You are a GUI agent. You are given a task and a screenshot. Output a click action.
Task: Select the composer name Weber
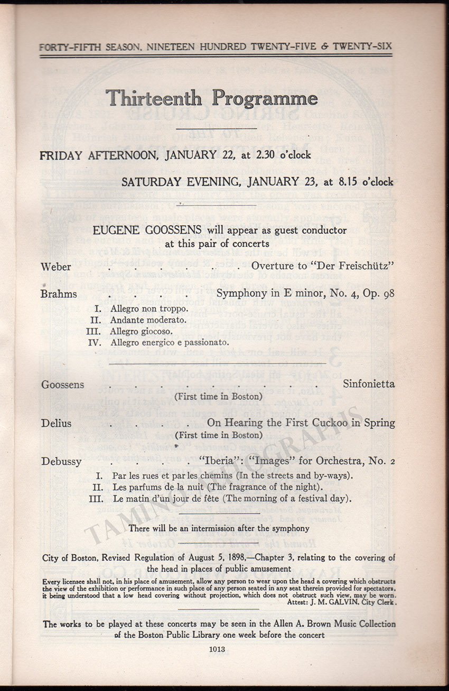click(x=56, y=266)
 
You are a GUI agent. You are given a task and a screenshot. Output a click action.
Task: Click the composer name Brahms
click(x=59, y=294)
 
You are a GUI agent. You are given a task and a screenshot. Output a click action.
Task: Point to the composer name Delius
click(x=56, y=423)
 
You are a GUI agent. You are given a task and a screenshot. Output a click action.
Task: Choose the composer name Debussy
click(x=61, y=461)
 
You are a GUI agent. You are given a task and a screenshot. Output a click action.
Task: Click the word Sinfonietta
click(x=369, y=384)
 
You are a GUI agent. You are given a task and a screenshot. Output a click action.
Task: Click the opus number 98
click(x=388, y=294)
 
